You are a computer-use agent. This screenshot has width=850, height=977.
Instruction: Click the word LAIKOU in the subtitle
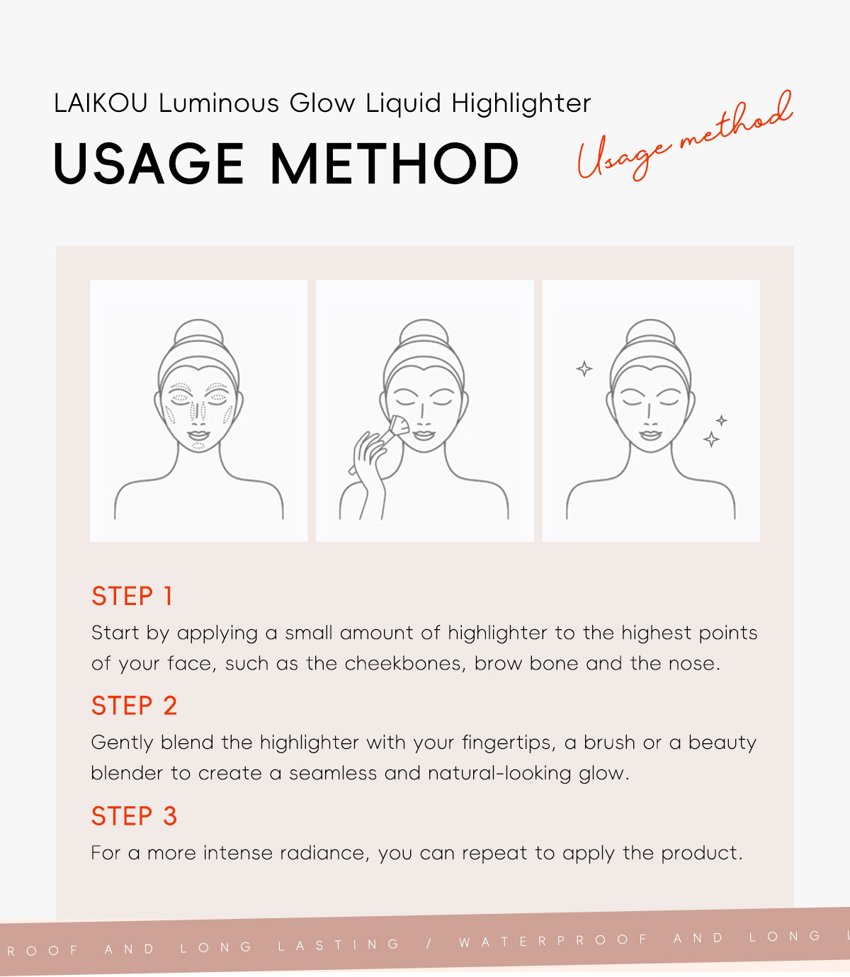pyautogui.click(x=100, y=103)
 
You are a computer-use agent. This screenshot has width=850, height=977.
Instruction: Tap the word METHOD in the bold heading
pyautogui.click(x=395, y=164)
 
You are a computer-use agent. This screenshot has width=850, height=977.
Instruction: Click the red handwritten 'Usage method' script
pyautogui.click(x=686, y=135)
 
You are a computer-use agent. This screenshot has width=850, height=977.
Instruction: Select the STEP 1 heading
pyautogui.click(x=132, y=596)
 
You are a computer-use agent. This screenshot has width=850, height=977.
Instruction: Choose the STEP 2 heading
pyautogui.click(x=134, y=706)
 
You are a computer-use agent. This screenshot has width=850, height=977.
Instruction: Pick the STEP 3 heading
pyautogui.click(x=134, y=815)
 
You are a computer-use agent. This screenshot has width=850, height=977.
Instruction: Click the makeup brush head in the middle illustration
pyautogui.click(x=399, y=425)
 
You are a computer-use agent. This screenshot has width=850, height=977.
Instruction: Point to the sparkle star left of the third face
pyautogui.click(x=584, y=368)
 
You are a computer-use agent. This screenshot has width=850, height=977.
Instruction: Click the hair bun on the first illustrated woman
pyautogui.click(x=198, y=332)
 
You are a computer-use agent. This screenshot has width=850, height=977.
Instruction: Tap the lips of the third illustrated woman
pyautogui.click(x=650, y=435)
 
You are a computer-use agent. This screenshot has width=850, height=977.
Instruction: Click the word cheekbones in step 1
pyautogui.click(x=405, y=663)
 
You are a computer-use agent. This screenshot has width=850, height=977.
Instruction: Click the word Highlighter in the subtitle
pyautogui.click(x=521, y=103)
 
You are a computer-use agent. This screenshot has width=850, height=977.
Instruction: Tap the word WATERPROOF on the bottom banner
pyautogui.click(x=552, y=941)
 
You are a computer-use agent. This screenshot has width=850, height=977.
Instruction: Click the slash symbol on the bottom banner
pyautogui.click(x=429, y=944)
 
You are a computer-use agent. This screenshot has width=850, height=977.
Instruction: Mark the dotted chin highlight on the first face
pyautogui.click(x=198, y=446)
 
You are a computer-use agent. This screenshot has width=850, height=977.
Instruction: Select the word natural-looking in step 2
pyautogui.click(x=499, y=774)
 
